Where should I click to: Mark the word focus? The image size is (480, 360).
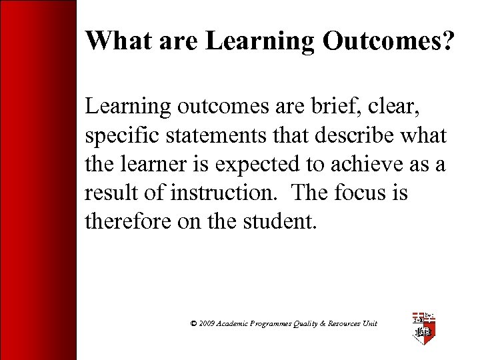pyautogui.click(x=363, y=193)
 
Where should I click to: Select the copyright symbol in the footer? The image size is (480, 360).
pyautogui.click(x=193, y=323)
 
